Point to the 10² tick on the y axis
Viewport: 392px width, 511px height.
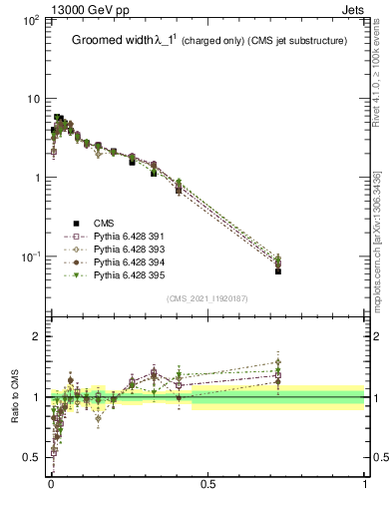[x=30, y=20]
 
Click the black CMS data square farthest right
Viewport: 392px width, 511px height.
[x=278, y=270]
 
